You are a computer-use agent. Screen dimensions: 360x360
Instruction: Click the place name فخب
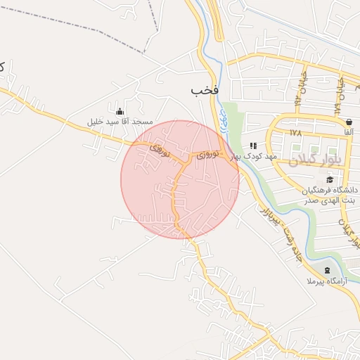205,91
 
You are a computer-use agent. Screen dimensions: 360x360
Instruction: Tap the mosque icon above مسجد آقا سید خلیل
120,110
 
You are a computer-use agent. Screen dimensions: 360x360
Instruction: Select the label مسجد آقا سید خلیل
120,122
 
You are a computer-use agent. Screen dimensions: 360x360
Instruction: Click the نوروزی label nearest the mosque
160,148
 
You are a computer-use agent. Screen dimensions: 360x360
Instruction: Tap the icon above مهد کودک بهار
253,146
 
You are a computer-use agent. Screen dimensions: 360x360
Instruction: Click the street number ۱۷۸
295,132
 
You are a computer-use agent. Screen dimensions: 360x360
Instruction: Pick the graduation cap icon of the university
330,180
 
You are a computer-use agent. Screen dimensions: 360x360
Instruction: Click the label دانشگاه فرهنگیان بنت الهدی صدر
330,195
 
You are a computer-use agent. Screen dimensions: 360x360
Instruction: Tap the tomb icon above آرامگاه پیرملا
326,271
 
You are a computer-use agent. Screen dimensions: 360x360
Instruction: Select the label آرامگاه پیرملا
323,281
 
